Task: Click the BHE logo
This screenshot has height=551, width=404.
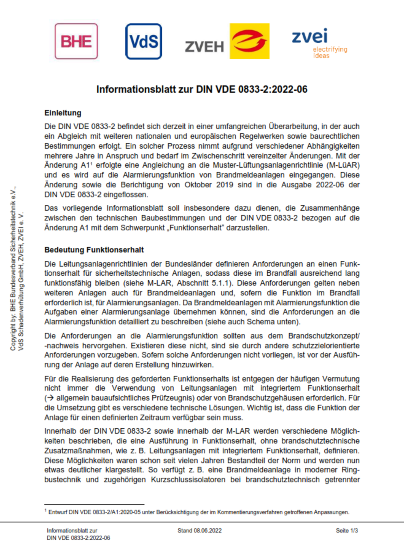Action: (x=76, y=41)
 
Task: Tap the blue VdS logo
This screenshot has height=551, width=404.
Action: (x=143, y=41)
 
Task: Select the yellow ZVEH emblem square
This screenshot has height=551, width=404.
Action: (x=249, y=41)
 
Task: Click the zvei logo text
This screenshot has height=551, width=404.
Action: (x=310, y=36)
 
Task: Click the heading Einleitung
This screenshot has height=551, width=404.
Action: (x=63, y=113)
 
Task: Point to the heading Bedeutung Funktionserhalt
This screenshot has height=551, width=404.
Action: (x=94, y=250)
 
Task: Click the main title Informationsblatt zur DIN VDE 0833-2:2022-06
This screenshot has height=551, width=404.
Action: (x=202, y=89)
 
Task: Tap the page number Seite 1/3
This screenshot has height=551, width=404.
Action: (x=347, y=531)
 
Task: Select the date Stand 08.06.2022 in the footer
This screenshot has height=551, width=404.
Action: (x=199, y=531)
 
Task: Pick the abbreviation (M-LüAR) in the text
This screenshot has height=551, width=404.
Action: (x=343, y=165)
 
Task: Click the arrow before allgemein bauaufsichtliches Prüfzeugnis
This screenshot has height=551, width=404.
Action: (x=50, y=398)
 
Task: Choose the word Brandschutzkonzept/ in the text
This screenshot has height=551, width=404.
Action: (x=324, y=336)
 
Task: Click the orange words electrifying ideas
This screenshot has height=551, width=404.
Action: (x=330, y=52)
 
